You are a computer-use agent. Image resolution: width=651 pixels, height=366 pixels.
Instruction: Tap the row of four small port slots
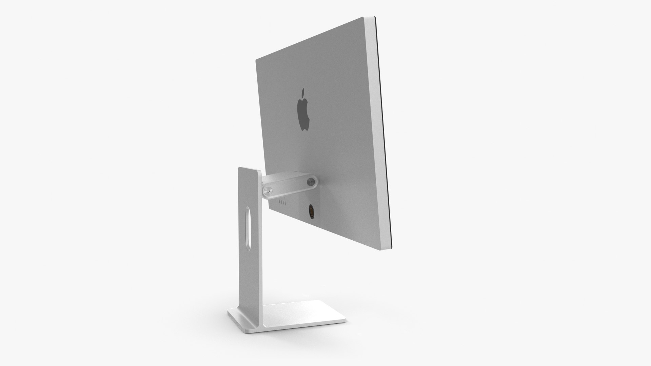tap(282, 203)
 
